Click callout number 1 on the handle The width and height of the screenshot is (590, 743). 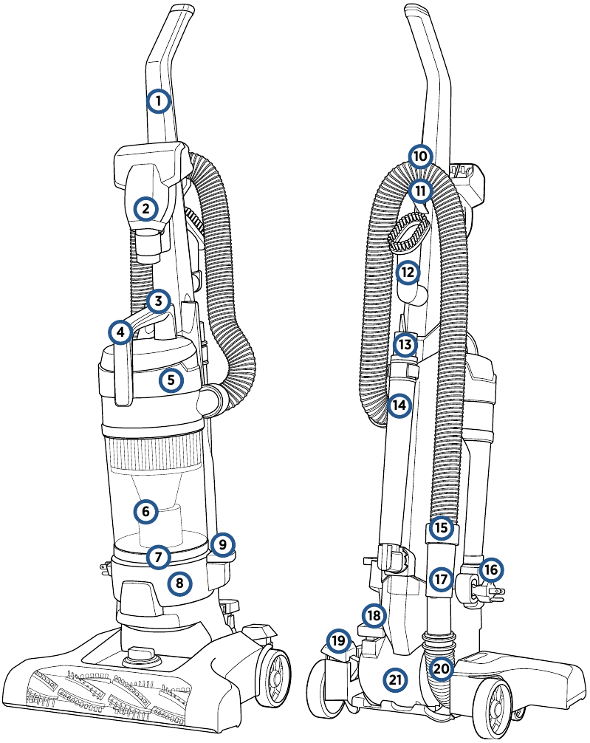[x=158, y=100]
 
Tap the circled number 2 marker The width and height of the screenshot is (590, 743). [x=145, y=209]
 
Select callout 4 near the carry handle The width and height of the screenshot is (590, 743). [x=120, y=332]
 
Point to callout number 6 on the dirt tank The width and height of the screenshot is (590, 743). [x=145, y=510]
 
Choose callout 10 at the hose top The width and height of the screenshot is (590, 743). [x=419, y=157]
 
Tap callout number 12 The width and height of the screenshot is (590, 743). [x=407, y=273]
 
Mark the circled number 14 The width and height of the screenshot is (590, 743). [x=399, y=405]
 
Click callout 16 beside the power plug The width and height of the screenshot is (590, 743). [x=491, y=569]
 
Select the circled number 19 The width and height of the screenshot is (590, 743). [x=338, y=640]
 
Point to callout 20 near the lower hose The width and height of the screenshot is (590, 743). [x=441, y=668]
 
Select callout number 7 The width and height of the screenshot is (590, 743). [x=158, y=556]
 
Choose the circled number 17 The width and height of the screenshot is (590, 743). [x=441, y=580]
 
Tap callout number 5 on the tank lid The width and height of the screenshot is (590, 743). [x=171, y=380]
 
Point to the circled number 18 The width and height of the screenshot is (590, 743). [x=374, y=614]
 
